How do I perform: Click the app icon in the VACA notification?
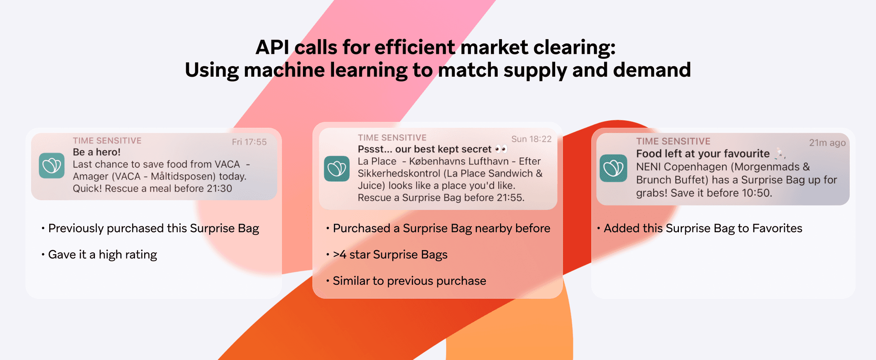(x=52, y=165)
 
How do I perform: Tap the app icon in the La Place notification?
(x=337, y=169)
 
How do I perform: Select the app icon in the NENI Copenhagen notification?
(x=613, y=168)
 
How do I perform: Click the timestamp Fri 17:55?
(x=249, y=142)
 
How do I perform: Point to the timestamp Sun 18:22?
(x=532, y=139)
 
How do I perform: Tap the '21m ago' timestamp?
(x=827, y=143)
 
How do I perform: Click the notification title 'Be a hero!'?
(x=97, y=152)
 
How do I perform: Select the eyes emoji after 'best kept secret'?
(x=501, y=149)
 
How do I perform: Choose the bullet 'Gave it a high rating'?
(x=99, y=255)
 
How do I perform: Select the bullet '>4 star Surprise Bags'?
(x=387, y=255)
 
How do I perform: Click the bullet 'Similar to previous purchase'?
(x=406, y=281)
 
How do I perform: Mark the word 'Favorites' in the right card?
(x=777, y=228)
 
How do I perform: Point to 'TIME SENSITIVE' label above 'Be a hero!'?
(x=107, y=141)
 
